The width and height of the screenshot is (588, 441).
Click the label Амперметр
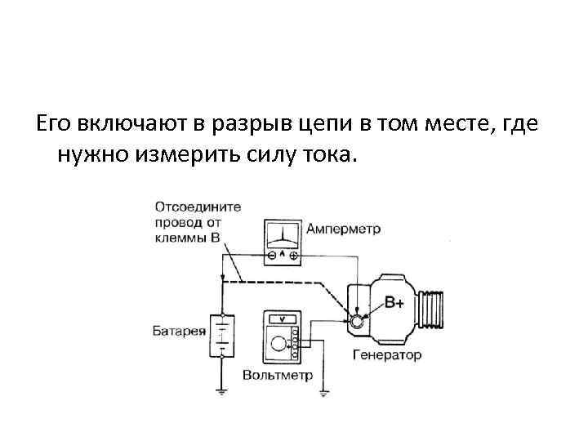(342, 229)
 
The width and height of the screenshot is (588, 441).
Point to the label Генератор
(388, 355)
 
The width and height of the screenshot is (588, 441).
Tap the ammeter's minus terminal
(270, 256)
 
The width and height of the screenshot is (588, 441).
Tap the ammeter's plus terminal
(293, 256)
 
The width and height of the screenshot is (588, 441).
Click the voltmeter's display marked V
(281, 320)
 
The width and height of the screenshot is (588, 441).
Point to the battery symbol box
(220, 335)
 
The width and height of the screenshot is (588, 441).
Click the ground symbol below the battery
(221, 391)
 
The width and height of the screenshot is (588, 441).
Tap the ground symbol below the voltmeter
(323, 394)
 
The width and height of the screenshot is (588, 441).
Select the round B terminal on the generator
(357, 322)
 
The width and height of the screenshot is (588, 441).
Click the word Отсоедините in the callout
(197, 207)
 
